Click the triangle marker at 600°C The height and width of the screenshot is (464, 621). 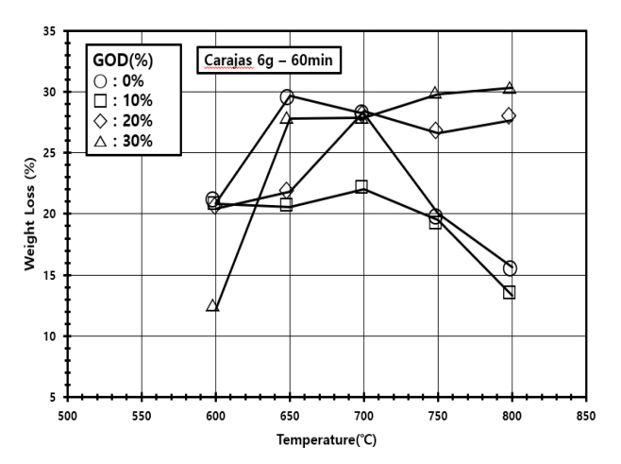[x=213, y=305]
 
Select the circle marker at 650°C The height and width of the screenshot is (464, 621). [x=287, y=96]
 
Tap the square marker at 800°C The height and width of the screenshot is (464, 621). [x=510, y=292]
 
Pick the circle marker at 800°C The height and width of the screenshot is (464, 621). [x=510, y=268]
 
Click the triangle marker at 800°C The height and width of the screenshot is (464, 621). [x=510, y=88]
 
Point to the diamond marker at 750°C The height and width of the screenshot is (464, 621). [x=436, y=130]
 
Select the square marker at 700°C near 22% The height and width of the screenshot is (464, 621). [x=361, y=186]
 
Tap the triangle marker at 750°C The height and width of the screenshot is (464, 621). [x=436, y=93]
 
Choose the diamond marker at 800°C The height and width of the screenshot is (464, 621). [x=510, y=115]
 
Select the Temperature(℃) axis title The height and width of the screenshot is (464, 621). [x=326, y=440]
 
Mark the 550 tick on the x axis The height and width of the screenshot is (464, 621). [x=141, y=414]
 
